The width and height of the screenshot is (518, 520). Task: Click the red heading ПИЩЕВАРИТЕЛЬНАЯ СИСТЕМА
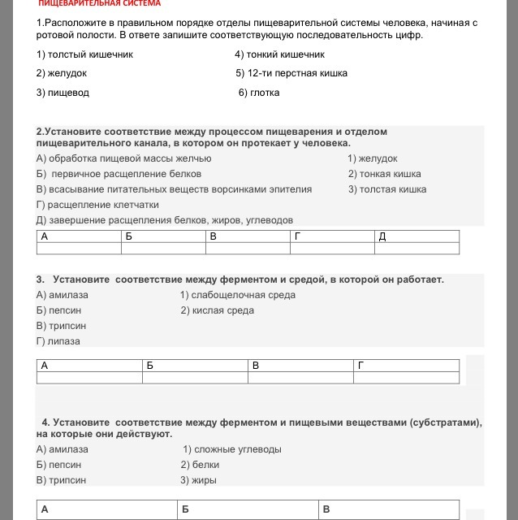click(99, 4)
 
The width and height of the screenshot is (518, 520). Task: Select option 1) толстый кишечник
click(84, 54)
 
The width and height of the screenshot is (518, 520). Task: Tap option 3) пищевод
click(63, 93)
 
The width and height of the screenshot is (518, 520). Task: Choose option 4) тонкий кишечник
click(279, 54)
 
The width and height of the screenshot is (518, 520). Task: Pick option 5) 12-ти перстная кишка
click(291, 73)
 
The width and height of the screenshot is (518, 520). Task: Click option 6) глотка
click(259, 93)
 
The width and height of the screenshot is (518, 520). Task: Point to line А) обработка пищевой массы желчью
click(123, 158)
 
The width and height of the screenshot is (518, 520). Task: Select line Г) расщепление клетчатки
click(97, 205)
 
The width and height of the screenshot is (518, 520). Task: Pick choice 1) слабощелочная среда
click(237, 295)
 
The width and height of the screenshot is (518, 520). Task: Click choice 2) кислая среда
click(217, 310)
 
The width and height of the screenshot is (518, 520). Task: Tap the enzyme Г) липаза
click(58, 341)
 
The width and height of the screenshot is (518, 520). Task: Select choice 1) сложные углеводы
click(231, 449)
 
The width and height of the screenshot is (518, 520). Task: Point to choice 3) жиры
click(198, 480)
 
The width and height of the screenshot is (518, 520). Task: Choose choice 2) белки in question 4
click(200, 465)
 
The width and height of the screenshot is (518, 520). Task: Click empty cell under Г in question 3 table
click(406, 377)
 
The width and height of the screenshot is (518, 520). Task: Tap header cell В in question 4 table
click(389, 509)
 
